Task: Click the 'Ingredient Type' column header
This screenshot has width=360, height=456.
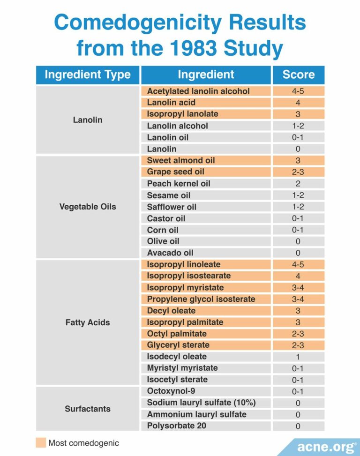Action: (x=88, y=75)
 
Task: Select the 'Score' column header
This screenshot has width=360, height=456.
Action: (x=298, y=75)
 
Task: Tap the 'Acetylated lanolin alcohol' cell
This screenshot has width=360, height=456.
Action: (x=206, y=91)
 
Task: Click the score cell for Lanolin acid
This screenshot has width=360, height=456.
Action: (x=298, y=103)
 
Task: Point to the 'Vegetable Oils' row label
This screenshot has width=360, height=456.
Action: (x=88, y=207)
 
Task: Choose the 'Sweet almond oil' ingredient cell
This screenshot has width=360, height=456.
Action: (x=206, y=160)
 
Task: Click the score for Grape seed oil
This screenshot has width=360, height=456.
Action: (x=298, y=172)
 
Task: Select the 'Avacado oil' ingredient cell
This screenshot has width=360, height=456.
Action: (x=206, y=253)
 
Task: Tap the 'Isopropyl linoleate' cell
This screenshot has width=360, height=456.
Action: (x=206, y=264)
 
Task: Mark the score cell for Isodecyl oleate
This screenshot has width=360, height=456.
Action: (x=298, y=357)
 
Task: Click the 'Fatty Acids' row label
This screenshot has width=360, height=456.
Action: (x=88, y=322)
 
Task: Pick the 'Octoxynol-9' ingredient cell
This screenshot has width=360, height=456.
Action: (x=206, y=391)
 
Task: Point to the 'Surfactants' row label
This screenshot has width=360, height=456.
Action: (x=88, y=409)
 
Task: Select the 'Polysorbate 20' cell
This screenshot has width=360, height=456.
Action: (x=206, y=426)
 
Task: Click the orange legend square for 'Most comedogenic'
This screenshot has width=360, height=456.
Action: (x=41, y=443)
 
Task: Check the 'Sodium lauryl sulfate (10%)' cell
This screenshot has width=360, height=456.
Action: (x=206, y=403)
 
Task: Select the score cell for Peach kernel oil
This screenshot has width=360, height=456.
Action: (x=298, y=184)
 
